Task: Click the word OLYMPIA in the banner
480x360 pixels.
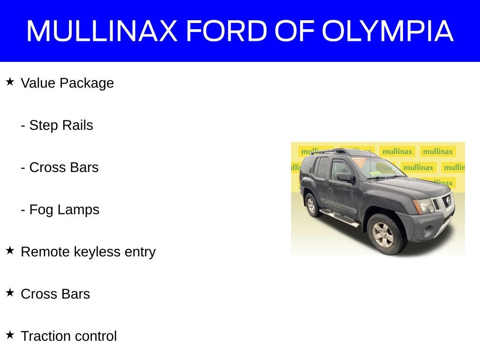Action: (x=388, y=31)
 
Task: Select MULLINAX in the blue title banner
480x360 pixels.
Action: (x=102, y=31)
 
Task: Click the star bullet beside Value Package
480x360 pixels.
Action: (x=10, y=82)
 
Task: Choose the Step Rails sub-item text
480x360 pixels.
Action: (x=57, y=126)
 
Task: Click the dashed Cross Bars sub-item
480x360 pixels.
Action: (x=60, y=168)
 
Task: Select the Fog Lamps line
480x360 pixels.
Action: (x=60, y=210)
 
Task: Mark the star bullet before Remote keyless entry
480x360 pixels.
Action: (x=10, y=251)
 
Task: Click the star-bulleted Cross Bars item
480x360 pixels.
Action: (x=55, y=294)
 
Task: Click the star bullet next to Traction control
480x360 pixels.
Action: (x=10, y=335)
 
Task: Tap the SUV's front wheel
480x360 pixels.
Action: (x=385, y=232)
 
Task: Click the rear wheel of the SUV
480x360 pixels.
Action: (x=311, y=204)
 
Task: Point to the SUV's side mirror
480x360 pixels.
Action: (x=345, y=177)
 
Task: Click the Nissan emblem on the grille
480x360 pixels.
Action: (x=448, y=202)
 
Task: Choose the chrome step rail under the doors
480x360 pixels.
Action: (x=339, y=217)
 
